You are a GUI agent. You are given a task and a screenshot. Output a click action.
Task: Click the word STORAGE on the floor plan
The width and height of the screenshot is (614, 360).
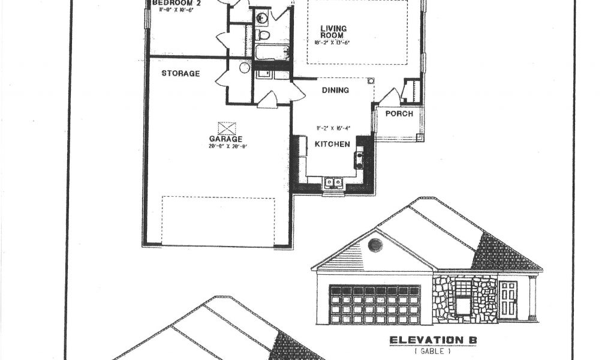(x=180, y=74)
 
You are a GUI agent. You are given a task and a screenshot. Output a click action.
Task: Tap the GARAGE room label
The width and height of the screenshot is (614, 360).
(x=226, y=139)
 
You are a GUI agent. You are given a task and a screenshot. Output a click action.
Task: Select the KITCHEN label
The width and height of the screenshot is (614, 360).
(x=333, y=144)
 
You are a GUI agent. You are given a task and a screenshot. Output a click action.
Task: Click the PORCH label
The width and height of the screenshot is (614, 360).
(x=399, y=113)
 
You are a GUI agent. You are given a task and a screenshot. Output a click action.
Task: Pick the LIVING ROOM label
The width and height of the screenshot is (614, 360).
(x=332, y=32)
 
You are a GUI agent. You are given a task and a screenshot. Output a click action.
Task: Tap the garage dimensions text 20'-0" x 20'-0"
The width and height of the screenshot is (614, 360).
(x=226, y=146)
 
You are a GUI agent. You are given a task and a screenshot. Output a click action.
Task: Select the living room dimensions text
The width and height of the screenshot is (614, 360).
(x=332, y=43)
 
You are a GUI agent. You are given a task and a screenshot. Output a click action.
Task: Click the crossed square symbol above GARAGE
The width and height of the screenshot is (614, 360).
(x=227, y=128)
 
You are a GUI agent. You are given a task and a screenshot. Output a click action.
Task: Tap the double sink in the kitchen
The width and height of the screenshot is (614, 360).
(x=333, y=182)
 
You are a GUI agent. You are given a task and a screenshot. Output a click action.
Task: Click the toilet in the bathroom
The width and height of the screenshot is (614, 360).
(x=263, y=35)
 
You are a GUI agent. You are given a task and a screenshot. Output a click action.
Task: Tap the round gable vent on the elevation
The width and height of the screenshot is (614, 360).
(x=375, y=245)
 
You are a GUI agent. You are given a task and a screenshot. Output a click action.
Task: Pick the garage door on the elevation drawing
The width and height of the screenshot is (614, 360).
(x=375, y=304)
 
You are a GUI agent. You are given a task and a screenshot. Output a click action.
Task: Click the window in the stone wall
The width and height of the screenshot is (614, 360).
(x=463, y=303)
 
